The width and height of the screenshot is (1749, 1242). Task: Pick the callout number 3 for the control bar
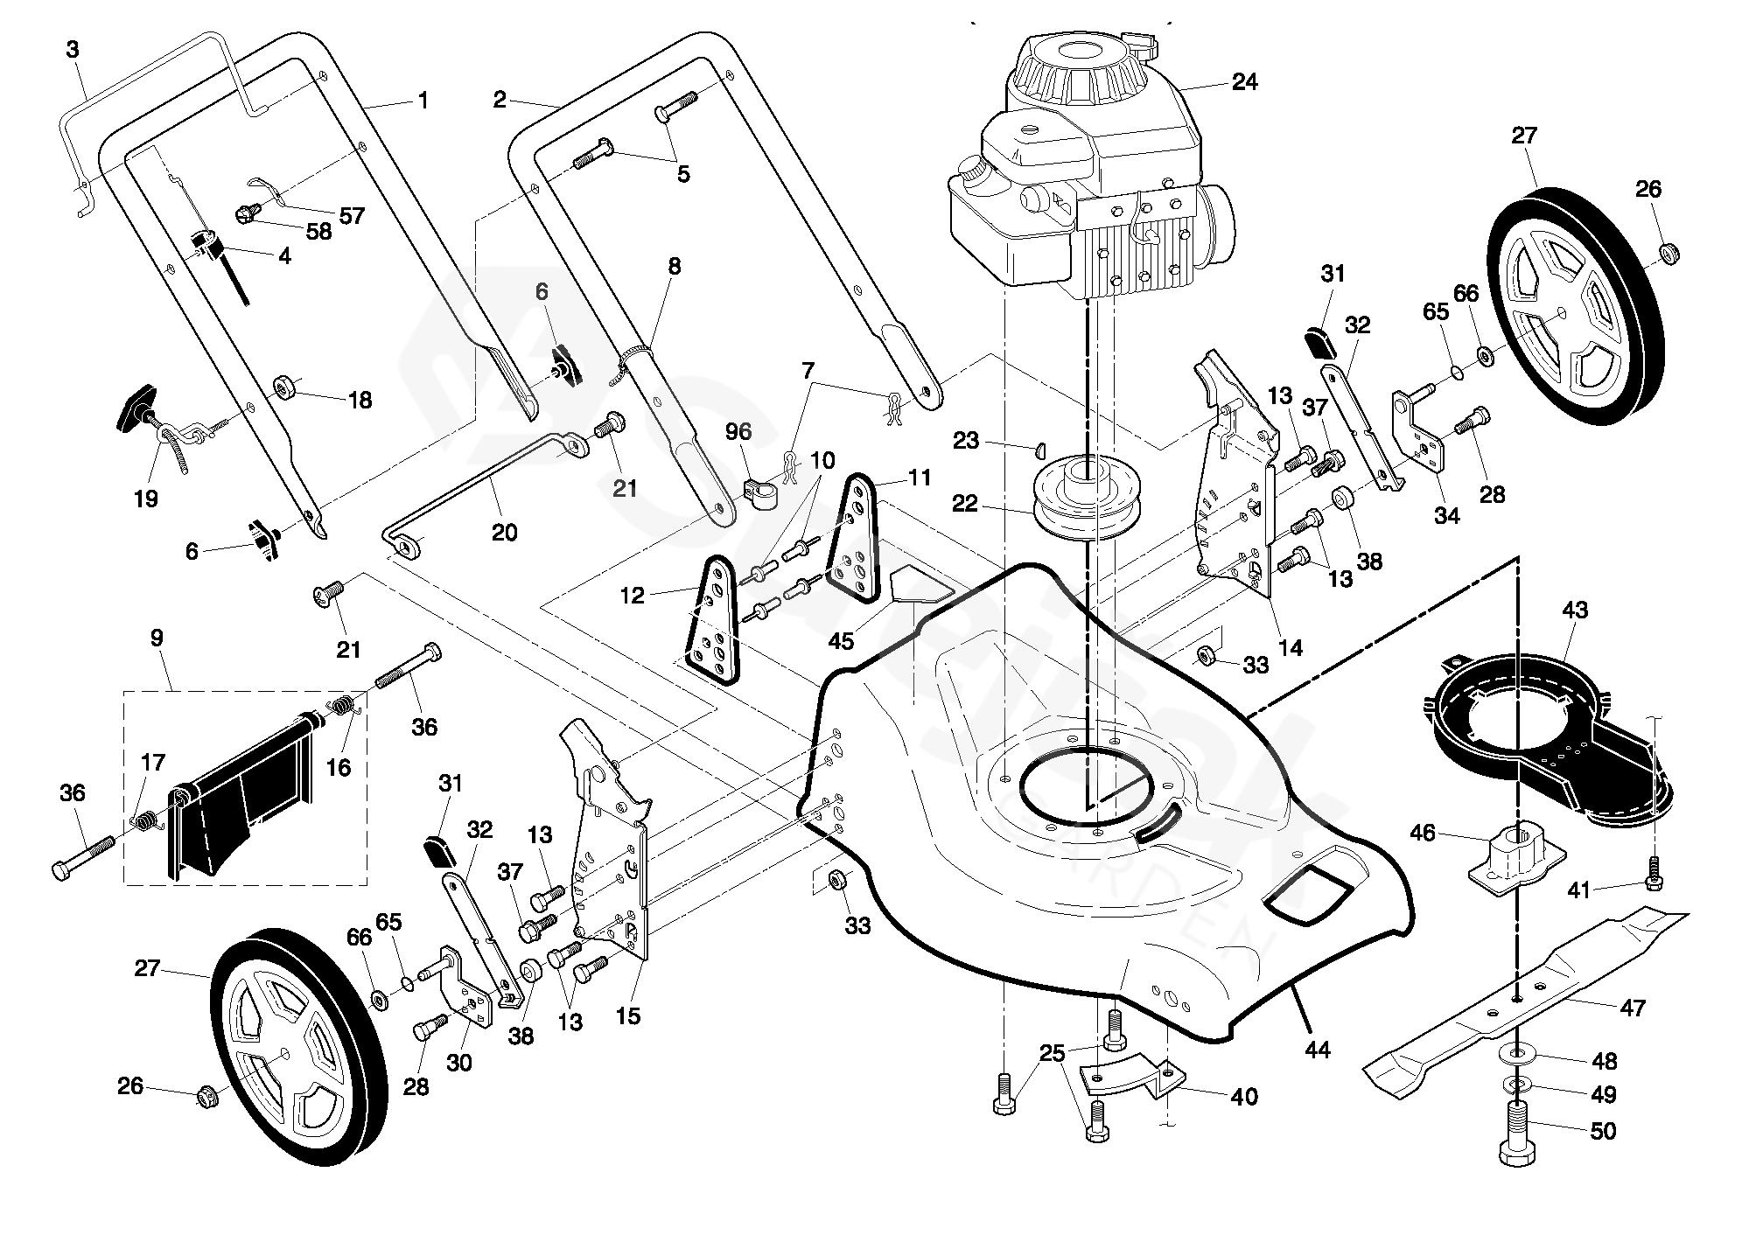pos(73,50)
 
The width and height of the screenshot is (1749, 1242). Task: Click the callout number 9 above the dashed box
pos(157,638)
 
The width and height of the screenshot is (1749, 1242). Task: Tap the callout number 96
pos(739,431)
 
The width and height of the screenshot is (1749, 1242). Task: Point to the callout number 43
pos(1574,610)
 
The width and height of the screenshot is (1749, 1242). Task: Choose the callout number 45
pos(841,641)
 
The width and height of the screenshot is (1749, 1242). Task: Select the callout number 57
pos(352,215)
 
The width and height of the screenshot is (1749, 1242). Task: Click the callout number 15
pos(628,1015)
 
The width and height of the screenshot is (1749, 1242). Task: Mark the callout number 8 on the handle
pos(674,266)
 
